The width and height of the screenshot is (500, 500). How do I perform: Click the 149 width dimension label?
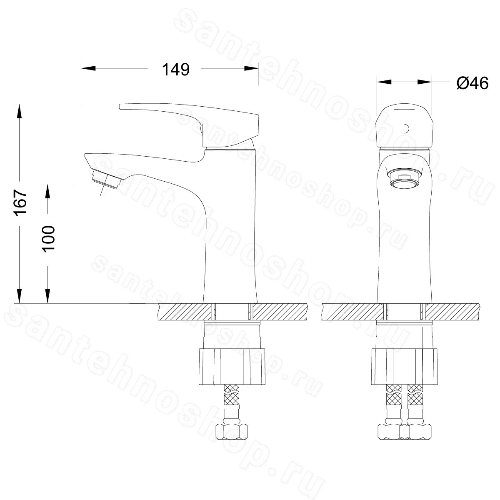(176, 70)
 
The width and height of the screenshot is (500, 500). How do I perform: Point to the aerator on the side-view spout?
(106, 179)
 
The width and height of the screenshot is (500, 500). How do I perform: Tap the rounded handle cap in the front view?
(404, 127)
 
